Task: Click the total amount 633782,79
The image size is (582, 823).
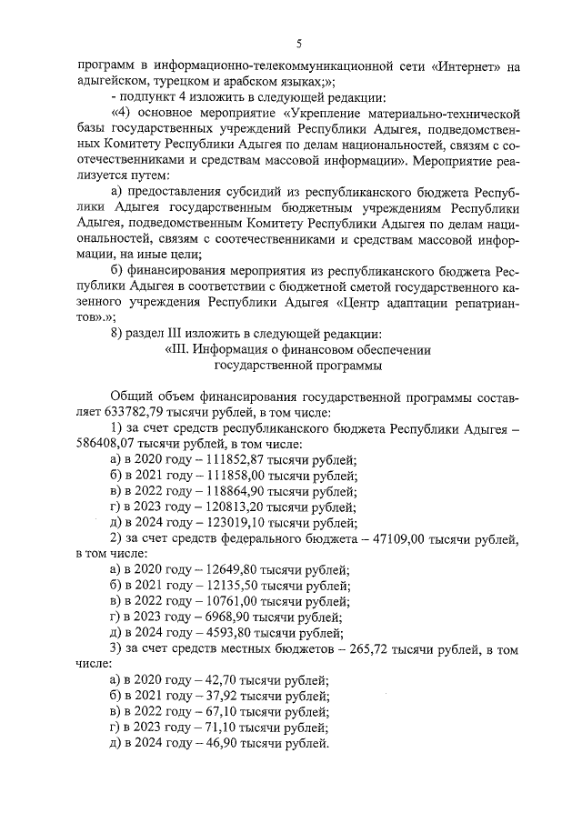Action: [134, 410]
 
